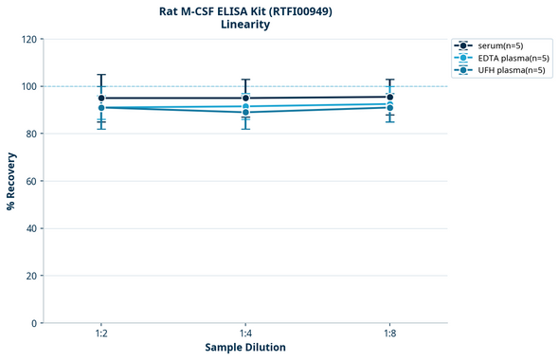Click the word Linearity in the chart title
(x=244, y=25)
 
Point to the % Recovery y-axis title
(x=11, y=181)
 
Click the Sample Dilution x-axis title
(x=245, y=348)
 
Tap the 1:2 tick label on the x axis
(x=101, y=334)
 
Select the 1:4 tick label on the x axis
(x=245, y=334)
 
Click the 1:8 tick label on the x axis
(x=389, y=334)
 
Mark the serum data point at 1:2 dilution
(x=101, y=98)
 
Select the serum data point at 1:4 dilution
(x=245, y=98)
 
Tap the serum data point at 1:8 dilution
(x=389, y=97)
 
